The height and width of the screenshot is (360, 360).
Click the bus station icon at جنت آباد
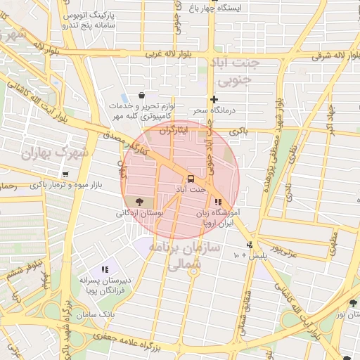pyautogui.click(x=191, y=178)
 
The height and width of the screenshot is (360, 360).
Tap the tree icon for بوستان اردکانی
pyautogui.click(x=148, y=201)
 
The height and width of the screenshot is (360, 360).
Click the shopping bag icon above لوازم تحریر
pyautogui.click(x=142, y=95)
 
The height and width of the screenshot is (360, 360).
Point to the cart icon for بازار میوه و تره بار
pyautogui.click(x=65, y=174)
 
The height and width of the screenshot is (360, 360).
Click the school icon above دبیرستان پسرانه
pyautogui.click(x=105, y=269)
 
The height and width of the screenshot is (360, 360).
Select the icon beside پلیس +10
pyautogui.click(x=249, y=245)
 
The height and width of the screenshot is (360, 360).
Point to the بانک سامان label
pyautogui.click(x=98, y=312)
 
